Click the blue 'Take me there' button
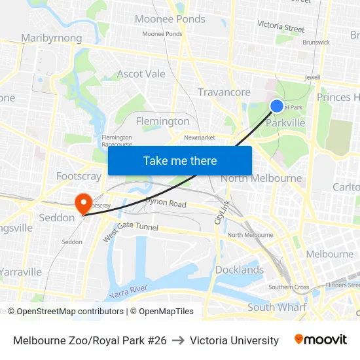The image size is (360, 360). (x=180, y=161)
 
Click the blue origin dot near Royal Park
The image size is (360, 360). (x=277, y=106)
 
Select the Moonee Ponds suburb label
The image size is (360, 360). (x=170, y=19)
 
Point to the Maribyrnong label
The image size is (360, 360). (x=52, y=38)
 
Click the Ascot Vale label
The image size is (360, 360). (x=141, y=74)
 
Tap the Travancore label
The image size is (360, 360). (x=224, y=92)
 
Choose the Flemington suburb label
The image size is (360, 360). (x=162, y=121)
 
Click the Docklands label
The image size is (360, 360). (x=240, y=270)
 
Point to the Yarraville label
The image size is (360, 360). (x=21, y=272)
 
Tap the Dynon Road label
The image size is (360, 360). (x=166, y=204)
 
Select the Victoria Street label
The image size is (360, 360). (x=281, y=27)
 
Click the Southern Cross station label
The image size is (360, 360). (x=288, y=287)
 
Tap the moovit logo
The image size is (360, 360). (x=320, y=340)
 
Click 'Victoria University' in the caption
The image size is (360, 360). (x=234, y=340)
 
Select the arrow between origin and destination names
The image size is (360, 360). (x=178, y=340)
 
